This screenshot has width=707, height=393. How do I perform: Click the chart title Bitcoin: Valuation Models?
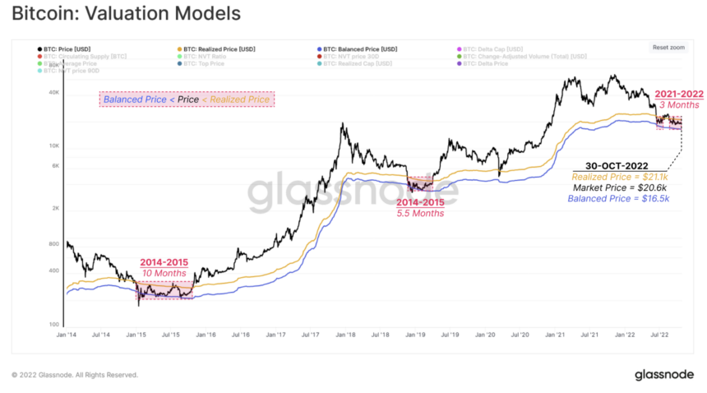pyautogui.click(x=126, y=14)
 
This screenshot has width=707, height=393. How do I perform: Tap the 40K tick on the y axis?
pyautogui.click(x=55, y=93)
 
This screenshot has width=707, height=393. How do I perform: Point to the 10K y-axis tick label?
pyautogui.click(x=55, y=146)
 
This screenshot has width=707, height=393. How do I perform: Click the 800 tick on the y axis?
pyautogui.click(x=55, y=244)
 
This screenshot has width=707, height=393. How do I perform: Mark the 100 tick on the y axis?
pyautogui.click(x=55, y=325)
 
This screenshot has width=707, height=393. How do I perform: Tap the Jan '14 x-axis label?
pyautogui.click(x=66, y=335)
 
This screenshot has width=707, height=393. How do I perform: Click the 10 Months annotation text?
pyautogui.click(x=164, y=274)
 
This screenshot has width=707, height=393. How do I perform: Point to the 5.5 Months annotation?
pyautogui.click(x=420, y=213)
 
